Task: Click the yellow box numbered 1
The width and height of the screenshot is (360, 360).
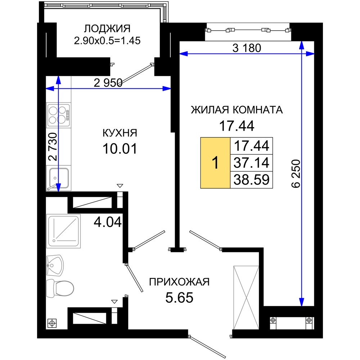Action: pos(215,163)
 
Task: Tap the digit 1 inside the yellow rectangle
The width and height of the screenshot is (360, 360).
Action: pos(215,163)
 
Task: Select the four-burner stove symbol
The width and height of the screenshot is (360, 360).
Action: pos(58,115)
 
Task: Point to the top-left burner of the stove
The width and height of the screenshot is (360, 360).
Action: pos(53,110)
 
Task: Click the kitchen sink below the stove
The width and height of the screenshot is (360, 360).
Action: pos(59,177)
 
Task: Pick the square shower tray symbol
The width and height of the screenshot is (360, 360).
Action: pos(64,231)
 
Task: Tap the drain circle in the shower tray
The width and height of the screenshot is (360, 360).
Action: pos(54,240)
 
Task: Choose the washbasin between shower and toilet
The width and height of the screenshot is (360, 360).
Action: pos(55,266)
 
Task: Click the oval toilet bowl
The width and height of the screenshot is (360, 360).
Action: pos(65,288)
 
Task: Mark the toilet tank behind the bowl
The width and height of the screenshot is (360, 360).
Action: pos(50,288)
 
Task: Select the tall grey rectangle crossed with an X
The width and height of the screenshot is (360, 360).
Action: pos(246,297)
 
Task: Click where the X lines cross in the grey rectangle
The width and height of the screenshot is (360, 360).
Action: pos(246,297)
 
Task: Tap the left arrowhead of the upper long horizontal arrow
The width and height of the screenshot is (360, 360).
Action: pos(184,54)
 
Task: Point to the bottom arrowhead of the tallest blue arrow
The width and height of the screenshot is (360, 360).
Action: pos(302,302)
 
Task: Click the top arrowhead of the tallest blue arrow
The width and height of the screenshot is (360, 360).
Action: pos(302,45)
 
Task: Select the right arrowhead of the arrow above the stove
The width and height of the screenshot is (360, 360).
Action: pos(166,89)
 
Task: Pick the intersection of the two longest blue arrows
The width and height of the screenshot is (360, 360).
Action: pos(302,54)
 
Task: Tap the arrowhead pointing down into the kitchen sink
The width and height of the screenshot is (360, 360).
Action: pos(58,186)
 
